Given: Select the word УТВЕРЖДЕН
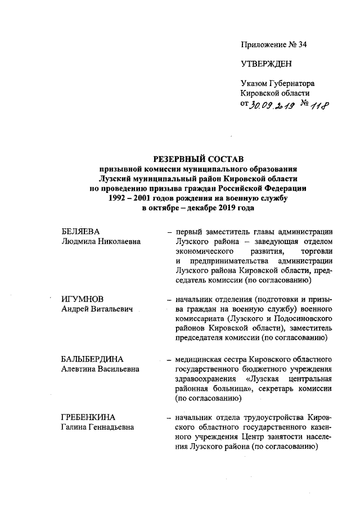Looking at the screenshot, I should (267, 64).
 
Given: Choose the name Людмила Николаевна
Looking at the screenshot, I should (101, 241).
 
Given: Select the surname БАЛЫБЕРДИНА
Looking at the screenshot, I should (92, 358).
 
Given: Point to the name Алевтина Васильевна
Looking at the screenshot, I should (101, 368).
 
